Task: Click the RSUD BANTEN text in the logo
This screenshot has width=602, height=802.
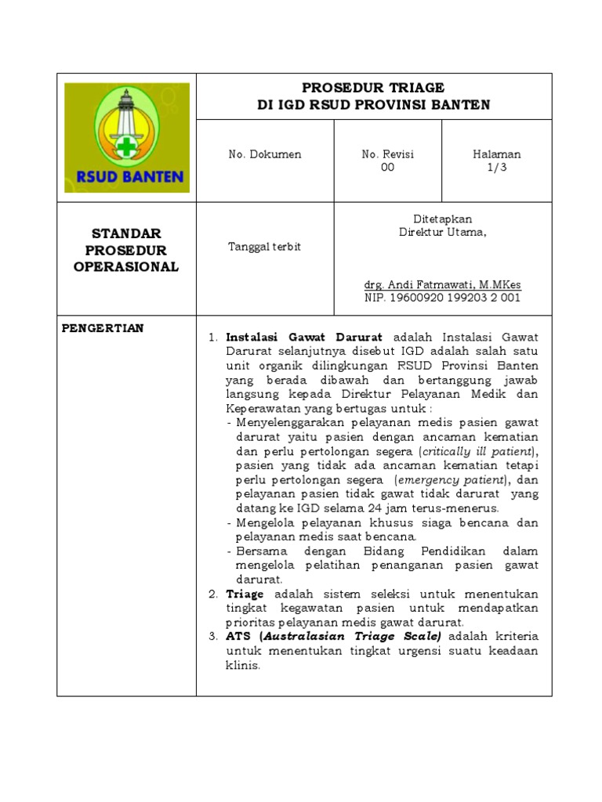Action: point(125,177)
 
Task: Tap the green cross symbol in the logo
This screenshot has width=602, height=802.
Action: point(125,146)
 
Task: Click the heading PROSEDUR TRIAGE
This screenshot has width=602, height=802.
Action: point(373,88)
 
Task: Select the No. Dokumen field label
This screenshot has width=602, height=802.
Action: point(265,154)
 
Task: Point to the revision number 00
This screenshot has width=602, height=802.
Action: point(387,168)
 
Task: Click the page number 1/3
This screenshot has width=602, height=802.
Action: point(497,168)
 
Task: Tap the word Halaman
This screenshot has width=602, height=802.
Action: point(497,154)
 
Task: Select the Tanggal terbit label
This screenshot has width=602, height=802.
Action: point(264,247)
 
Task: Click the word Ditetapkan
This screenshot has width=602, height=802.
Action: point(443,219)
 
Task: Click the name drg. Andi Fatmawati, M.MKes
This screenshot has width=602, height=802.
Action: point(443,284)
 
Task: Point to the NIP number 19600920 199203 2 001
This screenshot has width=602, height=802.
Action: point(443,298)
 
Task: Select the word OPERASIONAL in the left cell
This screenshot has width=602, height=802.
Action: point(126,267)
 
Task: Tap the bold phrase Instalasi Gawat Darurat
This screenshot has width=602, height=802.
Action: point(304,337)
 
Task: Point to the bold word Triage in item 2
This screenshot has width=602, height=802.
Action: point(245,594)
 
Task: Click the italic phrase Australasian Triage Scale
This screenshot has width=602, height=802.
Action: point(352,635)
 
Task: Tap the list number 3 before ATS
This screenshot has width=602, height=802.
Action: point(212,635)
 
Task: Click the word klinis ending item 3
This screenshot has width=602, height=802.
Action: point(241,666)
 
